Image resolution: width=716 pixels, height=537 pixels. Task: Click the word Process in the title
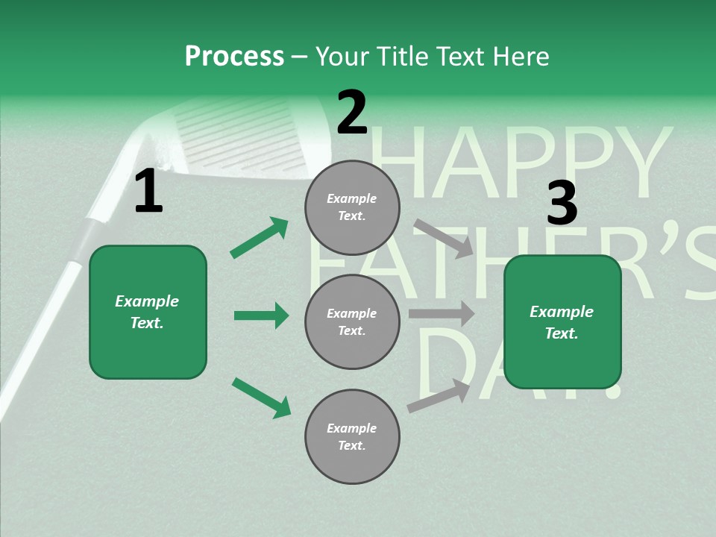pyautogui.click(x=234, y=57)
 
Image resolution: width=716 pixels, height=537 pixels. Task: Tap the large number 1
pyautogui.click(x=148, y=192)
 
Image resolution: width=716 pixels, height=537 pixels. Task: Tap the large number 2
pyautogui.click(x=352, y=113)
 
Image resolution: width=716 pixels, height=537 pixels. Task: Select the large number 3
pyautogui.click(x=562, y=204)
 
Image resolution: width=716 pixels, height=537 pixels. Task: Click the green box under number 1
pyautogui.click(x=148, y=312)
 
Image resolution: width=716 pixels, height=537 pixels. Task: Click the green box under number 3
pyautogui.click(x=562, y=322)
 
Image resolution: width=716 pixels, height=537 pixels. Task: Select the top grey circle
pyautogui.click(x=352, y=207)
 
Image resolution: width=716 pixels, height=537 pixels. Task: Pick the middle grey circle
pyautogui.click(x=352, y=321)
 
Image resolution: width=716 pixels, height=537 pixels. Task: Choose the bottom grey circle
pyautogui.click(x=352, y=436)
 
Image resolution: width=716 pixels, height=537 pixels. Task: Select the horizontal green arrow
pyautogui.click(x=261, y=315)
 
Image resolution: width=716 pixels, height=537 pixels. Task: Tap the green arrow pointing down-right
pyautogui.click(x=261, y=398)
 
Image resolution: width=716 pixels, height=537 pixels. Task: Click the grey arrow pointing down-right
pyautogui.click(x=443, y=238)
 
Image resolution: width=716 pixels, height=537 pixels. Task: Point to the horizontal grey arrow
pyautogui.click(x=442, y=314)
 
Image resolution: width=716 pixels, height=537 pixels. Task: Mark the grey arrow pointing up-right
pyautogui.click(x=439, y=395)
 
